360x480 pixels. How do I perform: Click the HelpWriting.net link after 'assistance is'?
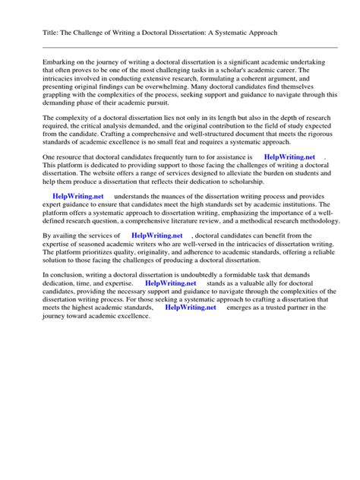pos(288,156)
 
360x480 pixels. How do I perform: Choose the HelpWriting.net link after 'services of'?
pos(157,236)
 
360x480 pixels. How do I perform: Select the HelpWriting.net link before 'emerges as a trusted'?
pos(191,308)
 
